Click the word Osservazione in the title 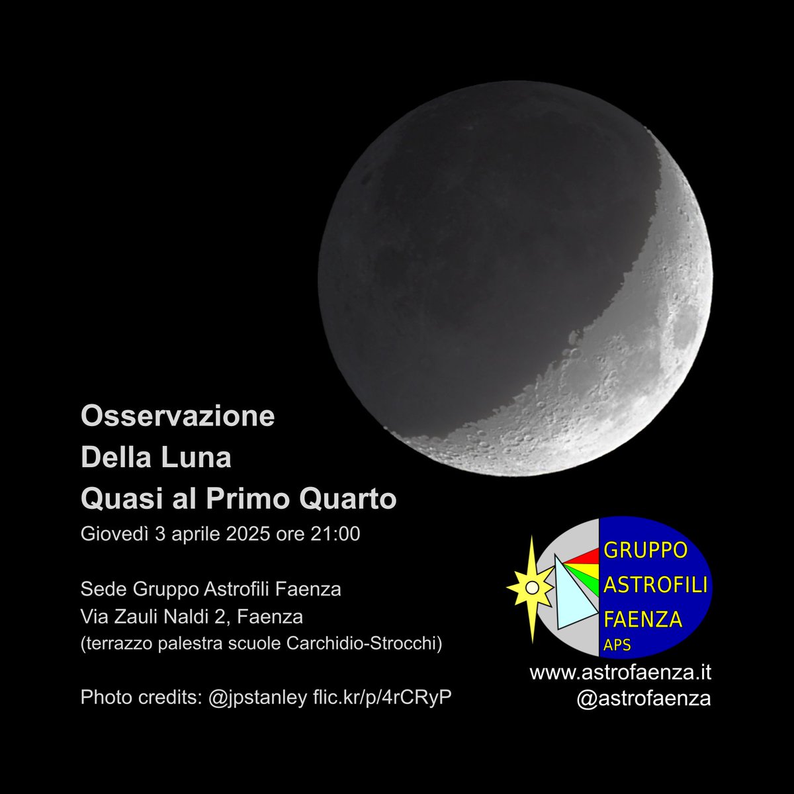(177, 417)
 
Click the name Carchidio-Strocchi (361, 644)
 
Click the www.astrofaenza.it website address (620, 673)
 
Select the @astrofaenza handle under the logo (643, 699)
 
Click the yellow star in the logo (530, 586)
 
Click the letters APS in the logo (617, 645)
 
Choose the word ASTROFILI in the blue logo (656, 585)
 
